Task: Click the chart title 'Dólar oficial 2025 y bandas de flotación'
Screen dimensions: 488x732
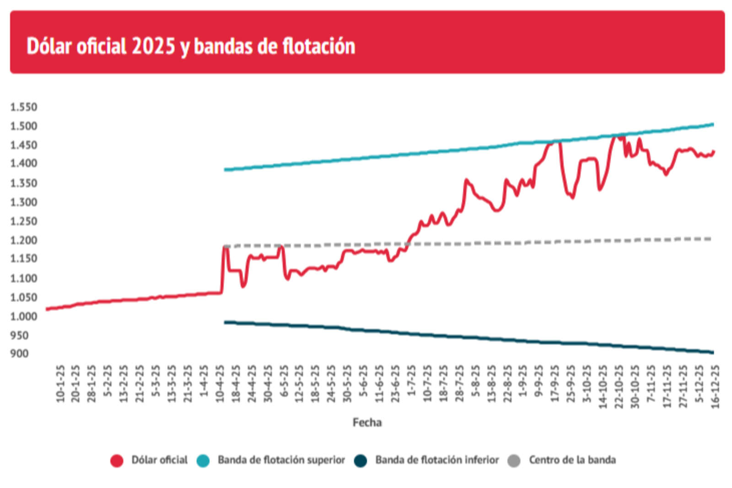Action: (191, 46)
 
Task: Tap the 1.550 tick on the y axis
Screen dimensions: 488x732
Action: (23, 107)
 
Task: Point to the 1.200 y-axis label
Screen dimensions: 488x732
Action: (23, 240)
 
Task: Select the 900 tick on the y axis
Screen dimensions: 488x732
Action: (19, 353)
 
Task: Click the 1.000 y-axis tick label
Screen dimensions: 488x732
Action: (23, 316)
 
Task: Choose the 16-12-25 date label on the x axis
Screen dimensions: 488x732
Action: (715, 386)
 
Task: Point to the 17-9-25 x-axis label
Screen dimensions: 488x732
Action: (554, 383)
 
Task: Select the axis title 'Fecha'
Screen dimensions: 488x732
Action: (367, 422)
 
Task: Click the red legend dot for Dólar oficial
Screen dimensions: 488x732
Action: (117, 460)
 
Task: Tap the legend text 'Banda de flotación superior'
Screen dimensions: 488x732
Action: (281, 460)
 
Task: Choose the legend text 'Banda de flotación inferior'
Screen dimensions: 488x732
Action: (437, 460)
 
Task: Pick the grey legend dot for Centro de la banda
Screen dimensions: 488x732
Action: (514, 460)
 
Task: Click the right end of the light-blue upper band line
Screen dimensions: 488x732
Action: (713, 124)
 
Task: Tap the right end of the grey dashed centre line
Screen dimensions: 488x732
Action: (710, 239)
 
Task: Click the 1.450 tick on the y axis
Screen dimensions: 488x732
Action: (23, 145)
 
